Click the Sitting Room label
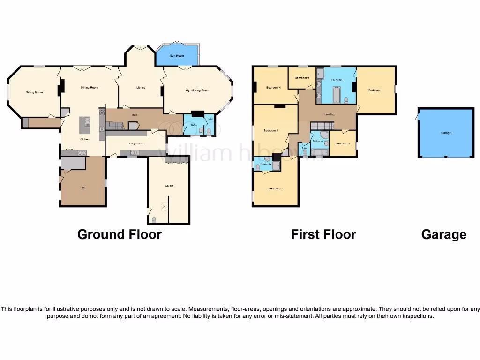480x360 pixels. click(34, 92)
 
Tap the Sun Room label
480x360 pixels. click(177, 56)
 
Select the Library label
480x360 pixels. click(141, 88)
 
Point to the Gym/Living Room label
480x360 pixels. click(197, 90)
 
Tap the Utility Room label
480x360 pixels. click(135, 143)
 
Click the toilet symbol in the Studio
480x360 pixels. click(154, 219)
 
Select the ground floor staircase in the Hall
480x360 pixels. click(115, 126)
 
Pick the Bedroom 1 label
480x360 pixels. click(375, 90)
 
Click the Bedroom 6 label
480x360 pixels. click(301, 77)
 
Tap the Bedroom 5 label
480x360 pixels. click(343, 143)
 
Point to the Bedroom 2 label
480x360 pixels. click(275, 188)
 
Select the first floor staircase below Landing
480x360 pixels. click(322, 126)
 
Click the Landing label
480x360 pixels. click(329, 114)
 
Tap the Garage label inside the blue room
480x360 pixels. click(446, 133)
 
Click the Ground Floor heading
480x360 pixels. click(119, 234)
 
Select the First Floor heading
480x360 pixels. click(323, 234)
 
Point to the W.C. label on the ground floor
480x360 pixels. click(192, 125)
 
